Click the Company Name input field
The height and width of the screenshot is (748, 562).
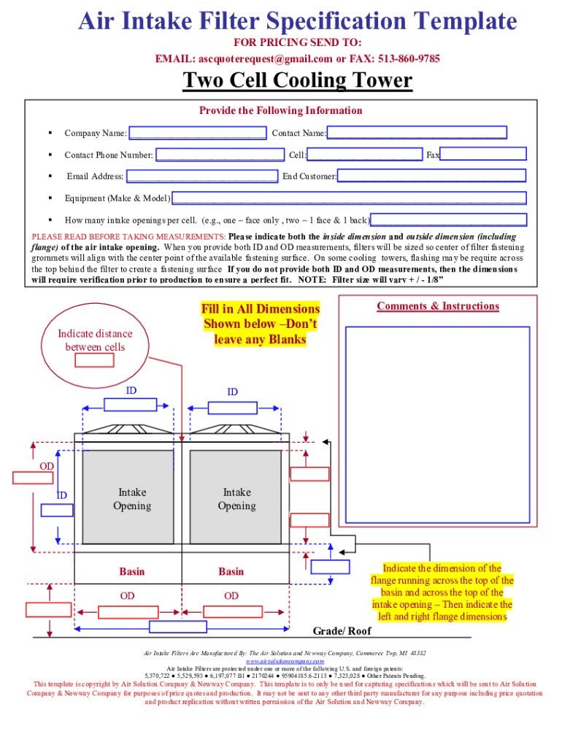point(197,133)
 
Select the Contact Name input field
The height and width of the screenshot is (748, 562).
point(417,133)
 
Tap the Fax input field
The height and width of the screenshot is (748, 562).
point(483,154)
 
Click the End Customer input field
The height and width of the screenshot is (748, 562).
point(431,176)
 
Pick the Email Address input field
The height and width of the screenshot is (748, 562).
point(201,176)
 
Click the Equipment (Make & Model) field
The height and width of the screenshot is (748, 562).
point(348,198)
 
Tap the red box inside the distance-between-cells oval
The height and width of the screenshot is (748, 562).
point(94,360)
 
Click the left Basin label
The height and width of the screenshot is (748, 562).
point(131,571)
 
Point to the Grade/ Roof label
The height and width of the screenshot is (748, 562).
point(342,631)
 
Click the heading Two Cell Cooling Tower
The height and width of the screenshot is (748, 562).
point(297,80)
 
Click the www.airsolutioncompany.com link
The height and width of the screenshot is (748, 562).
point(280,661)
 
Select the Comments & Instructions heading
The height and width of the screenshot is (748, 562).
point(438,306)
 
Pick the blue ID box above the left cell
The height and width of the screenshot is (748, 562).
point(131,404)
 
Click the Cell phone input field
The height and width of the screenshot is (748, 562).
point(365,154)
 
